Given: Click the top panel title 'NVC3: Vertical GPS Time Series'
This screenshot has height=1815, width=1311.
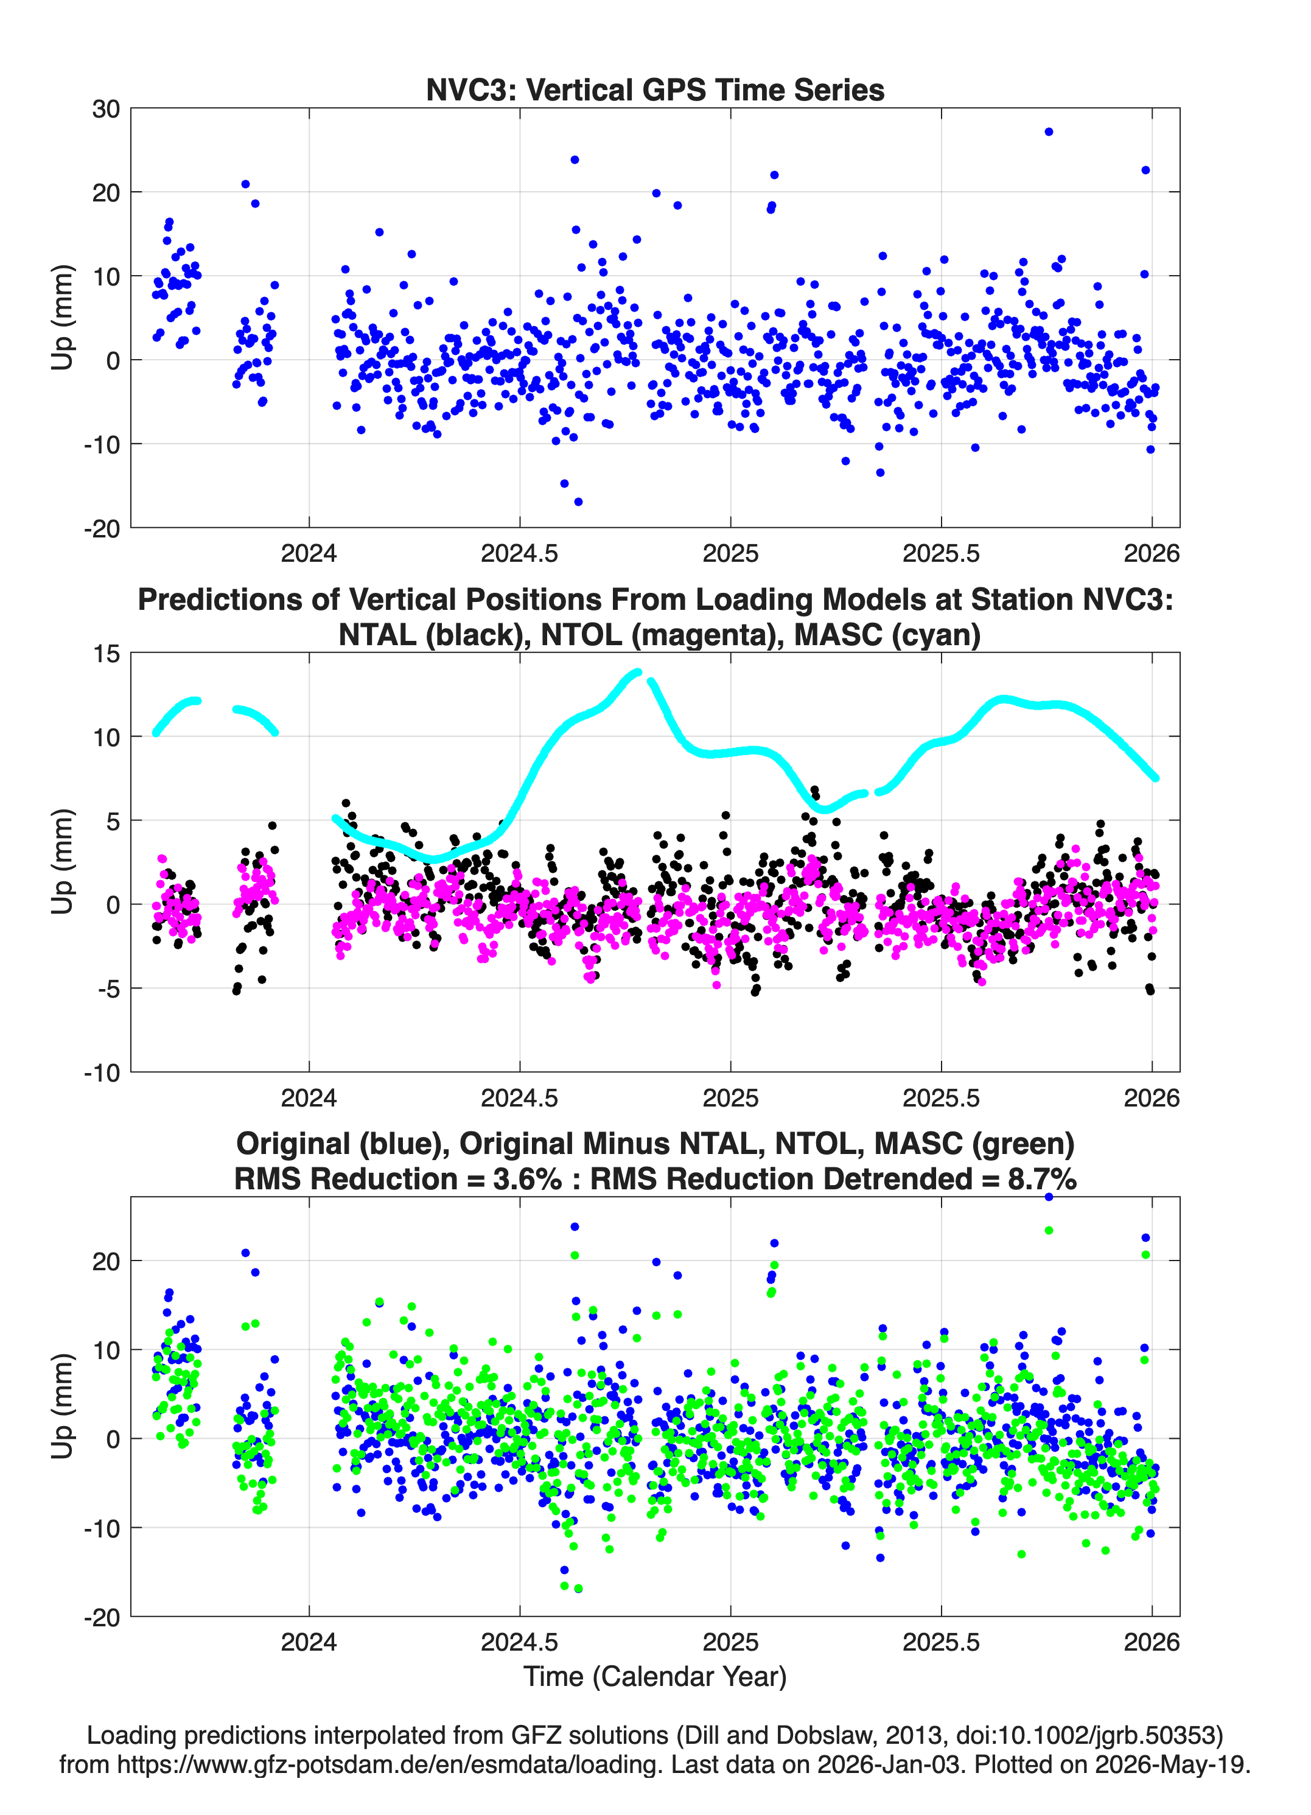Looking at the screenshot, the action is pos(655,89).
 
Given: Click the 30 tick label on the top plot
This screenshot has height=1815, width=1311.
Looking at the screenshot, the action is pos(106,109).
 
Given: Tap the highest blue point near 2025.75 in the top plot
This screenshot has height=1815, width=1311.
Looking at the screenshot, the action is pos(1049,132).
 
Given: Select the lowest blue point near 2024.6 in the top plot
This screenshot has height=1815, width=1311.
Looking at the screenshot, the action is pos(578,502).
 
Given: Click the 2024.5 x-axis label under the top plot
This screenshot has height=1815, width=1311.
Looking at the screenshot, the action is pos(519,553).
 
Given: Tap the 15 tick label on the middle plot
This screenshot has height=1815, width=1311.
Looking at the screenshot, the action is pos(107,654).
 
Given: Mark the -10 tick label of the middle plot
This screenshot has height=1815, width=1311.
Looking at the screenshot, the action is pos(102,1073).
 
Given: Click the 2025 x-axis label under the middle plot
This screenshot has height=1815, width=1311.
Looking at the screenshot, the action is pos(730,1098).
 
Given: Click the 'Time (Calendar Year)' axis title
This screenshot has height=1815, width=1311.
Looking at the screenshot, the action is pos(655,1677).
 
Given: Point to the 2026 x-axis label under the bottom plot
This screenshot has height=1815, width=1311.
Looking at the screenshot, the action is pos(1152,1642).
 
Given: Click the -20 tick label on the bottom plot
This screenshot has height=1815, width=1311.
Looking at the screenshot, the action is pos(102,1617).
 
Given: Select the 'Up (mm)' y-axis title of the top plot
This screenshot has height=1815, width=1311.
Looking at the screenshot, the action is pos(63,318).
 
